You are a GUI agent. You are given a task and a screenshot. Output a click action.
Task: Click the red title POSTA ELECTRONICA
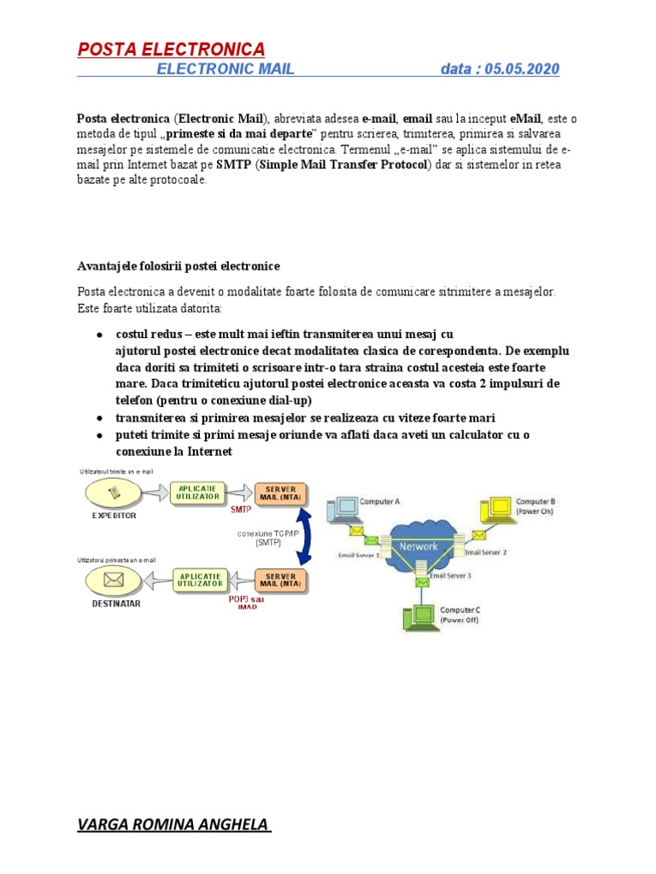coord(171,49)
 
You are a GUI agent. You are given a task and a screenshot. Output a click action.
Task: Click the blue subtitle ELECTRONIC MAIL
coord(225,69)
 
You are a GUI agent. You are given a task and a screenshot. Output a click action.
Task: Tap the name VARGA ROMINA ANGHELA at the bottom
coord(173,824)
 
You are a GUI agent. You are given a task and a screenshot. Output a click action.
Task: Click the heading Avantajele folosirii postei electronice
coord(178,266)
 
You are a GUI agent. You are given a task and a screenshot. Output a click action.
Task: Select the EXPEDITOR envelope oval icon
coord(114,492)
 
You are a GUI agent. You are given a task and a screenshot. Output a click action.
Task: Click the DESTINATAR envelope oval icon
coord(113,580)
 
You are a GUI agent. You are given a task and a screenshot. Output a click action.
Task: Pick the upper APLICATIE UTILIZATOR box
coord(198,492)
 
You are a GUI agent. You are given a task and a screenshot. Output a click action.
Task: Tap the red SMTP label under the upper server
coord(242,511)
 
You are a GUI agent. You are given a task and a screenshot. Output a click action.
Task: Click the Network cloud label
coord(419,546)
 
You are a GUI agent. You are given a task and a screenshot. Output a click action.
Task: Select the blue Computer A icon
coord(345,509)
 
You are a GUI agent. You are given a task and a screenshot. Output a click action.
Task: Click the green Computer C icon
coord(420,617)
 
